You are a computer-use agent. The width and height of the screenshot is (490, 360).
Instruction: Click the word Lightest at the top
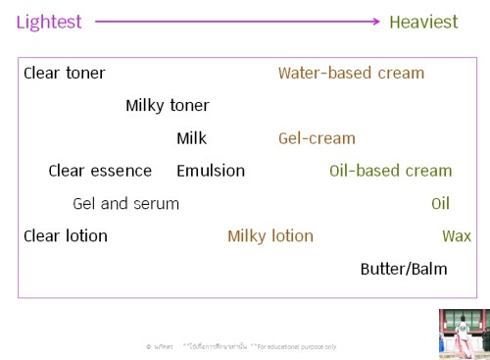(49, 22)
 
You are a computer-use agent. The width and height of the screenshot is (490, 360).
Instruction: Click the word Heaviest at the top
(423, 22)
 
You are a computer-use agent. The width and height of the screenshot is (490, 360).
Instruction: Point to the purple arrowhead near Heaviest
(374, 21)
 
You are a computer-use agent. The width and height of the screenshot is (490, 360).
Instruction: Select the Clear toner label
(64, 73)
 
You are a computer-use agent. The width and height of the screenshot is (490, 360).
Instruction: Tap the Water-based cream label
(351, 73)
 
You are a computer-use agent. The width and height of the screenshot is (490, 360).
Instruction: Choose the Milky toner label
(167, 105)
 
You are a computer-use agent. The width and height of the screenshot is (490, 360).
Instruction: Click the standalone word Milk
(191, 138)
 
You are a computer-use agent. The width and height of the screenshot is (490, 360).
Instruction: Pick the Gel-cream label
(317, 138)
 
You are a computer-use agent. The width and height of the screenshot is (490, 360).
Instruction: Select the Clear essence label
(100, 171)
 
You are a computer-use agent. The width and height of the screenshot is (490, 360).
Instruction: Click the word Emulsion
(211, 171)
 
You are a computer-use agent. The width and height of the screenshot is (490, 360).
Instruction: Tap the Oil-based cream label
(390, 171)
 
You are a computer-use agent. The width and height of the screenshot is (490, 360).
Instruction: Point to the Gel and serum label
(125, 204)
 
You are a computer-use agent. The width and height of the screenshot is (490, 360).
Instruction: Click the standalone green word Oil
(440, 204)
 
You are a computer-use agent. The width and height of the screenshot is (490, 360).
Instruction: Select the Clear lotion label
(65, 235)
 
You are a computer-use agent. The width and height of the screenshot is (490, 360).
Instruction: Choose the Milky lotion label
(270, 235)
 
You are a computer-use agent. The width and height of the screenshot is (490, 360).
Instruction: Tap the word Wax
(457, 235)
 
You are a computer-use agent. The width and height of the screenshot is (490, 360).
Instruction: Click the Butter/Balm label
(403, 269)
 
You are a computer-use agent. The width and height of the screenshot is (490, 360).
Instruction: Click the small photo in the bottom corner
(464, 334)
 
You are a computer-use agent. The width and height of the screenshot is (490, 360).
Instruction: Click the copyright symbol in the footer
(148, 346)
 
